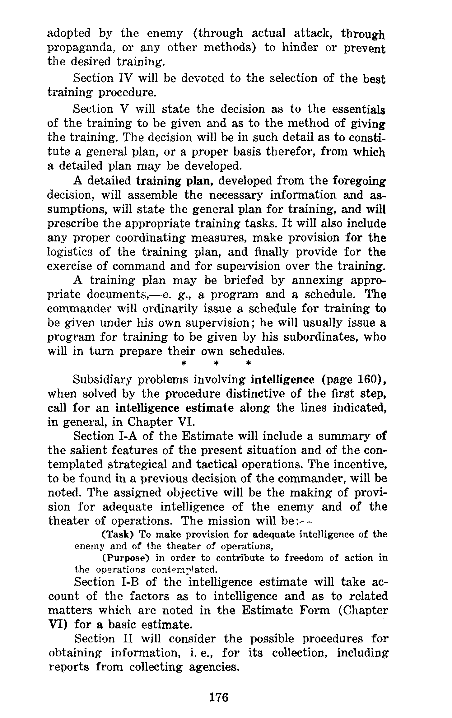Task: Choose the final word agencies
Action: coord(212,667)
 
